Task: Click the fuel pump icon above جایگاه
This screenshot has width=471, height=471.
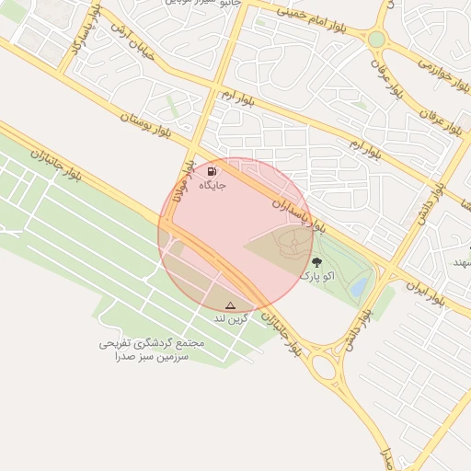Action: pos(213,170)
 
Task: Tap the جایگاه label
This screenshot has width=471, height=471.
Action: pos(212,185)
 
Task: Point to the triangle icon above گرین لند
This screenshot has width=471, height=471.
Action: pos(230,305)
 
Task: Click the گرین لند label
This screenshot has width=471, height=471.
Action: pos(231,318)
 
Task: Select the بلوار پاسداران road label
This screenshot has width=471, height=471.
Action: pos(299,207)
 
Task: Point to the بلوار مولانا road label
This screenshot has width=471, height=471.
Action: pos(190,181)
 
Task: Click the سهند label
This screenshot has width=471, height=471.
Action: pos(460,263)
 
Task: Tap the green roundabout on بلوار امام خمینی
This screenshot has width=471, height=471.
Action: pos(376,40)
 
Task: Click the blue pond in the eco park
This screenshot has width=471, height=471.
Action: pos(359,286)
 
